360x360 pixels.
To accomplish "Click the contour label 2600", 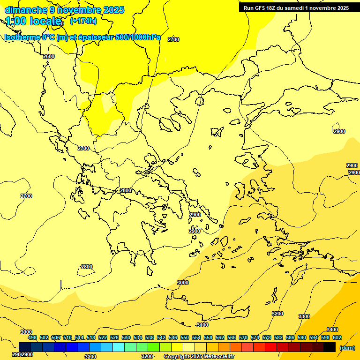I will [49, 56].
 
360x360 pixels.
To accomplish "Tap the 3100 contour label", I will [202, 325].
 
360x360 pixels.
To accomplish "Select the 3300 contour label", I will [304, 316].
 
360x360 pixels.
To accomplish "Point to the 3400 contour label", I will [332, 330].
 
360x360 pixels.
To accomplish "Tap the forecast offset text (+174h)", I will [83, 21].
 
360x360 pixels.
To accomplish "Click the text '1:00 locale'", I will [34, 21].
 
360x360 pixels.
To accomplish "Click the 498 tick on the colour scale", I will [32, 337].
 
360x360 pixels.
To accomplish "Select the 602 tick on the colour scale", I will [337, 337].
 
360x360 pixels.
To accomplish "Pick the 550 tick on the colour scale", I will [185, 337].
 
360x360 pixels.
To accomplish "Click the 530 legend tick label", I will [126, 337].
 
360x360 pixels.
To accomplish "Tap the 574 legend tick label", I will [255, 337].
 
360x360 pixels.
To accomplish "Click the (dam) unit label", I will [347, 348].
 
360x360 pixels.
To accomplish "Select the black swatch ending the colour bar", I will [330, 347].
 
